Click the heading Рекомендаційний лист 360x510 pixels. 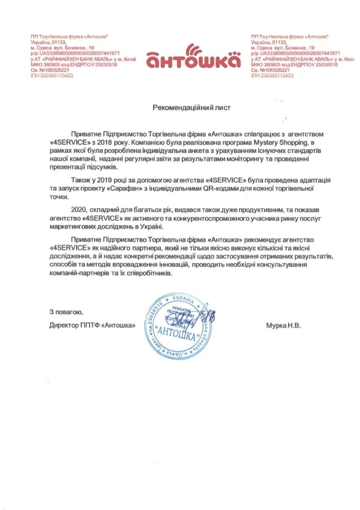[192, 108]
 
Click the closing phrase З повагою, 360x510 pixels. [66, 312]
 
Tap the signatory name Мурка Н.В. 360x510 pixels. [283, 326]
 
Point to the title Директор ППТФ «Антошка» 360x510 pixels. [89, 326]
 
